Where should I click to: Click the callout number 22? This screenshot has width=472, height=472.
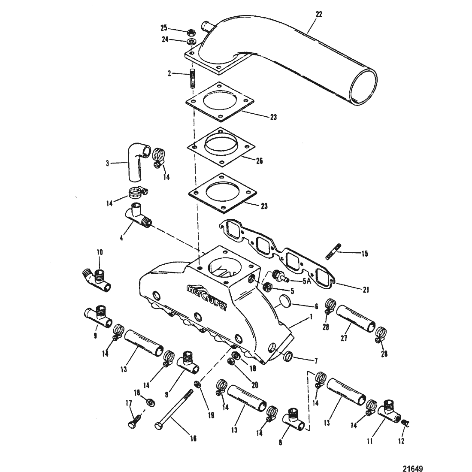[x=319, y=14]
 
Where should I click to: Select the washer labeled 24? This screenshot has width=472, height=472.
[x=191, y=41]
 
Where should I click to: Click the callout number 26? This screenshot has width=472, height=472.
[x=259, y=161]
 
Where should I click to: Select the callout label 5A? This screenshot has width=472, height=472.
[x=306, y=281]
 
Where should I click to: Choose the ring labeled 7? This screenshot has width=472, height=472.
[x=288, y=356]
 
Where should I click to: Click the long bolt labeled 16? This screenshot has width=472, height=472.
[x=174, y=408]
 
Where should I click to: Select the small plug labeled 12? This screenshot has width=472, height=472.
[x=405, y=423]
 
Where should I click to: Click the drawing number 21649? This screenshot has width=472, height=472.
[x=412, y=469]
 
